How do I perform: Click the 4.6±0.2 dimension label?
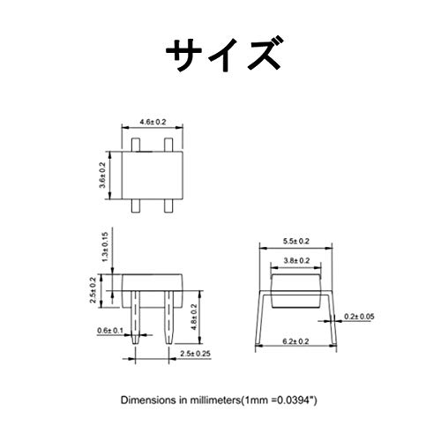pos(153,122)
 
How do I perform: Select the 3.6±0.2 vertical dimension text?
pos(102,176)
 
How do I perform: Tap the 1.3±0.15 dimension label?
pos(105,247)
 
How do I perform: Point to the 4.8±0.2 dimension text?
pos(194,317)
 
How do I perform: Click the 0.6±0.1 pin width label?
pos(110,331)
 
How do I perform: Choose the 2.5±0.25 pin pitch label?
pos(196,354)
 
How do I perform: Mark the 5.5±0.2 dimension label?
pos(296,241)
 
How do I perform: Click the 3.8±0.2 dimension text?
pos(296,260)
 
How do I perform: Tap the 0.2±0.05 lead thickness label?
pos(359,317)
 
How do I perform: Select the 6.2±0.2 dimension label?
pos(295,341)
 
